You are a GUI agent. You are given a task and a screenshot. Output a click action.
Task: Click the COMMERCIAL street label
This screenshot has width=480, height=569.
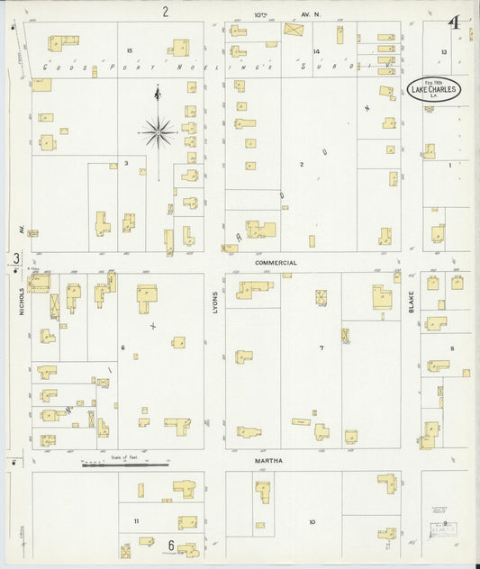tap(276, 263)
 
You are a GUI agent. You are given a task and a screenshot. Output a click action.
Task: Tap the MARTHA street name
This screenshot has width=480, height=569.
tap(268, 461)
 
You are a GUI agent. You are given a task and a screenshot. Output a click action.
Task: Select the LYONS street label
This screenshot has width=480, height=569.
tap(215, 301)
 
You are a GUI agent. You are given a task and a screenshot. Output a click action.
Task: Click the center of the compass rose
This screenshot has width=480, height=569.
tap(158, 133)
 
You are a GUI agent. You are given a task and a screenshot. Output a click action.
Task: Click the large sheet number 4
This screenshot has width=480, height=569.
tap(457, 22)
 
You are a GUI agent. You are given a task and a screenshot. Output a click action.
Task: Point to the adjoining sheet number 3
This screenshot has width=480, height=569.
tap(16, 260)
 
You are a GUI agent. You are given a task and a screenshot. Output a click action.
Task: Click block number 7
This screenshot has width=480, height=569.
tap(320, 348)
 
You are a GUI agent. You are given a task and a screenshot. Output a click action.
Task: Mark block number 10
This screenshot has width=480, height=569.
tap(312, 522)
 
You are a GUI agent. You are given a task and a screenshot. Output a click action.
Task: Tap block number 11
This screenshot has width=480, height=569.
tap(137, 521)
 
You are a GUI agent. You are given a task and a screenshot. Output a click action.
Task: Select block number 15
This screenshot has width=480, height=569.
tap(130, 50)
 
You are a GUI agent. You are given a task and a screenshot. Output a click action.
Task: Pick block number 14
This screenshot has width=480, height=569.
tap(316, 51)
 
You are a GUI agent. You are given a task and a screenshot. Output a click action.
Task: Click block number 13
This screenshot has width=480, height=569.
tap(444, 52)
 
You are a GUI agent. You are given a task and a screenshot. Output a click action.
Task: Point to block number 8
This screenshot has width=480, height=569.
tap(452, 348)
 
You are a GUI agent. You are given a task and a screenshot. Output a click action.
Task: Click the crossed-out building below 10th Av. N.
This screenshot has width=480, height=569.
tap(294, 29)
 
